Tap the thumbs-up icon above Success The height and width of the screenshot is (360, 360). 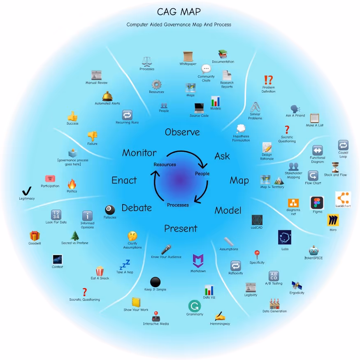pos(72,116)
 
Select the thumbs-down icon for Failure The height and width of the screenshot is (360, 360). pos(92,135)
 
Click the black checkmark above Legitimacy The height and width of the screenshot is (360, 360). pos(26,191)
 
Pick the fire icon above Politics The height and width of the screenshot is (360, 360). pos(72,183)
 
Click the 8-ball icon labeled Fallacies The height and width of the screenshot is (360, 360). pos(110,210)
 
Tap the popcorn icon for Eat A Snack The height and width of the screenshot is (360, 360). pos(100,271)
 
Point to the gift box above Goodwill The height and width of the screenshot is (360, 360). pos(35,236)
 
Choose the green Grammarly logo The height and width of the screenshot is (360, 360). pos(195,306)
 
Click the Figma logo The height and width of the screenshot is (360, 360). pos(317,203)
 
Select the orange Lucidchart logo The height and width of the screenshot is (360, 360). pos(343,199)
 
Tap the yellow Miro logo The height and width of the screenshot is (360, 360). pos(333,221)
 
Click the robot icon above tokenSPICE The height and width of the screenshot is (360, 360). pos(314,250)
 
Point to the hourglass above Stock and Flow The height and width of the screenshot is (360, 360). pos(335,167)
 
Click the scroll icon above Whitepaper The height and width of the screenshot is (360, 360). pos(188,56)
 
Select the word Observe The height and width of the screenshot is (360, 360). pos(182,132)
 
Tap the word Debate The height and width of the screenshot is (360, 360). pos(137,208)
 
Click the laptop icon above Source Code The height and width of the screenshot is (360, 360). pos(199,108)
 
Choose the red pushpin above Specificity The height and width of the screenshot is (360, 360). pos(257,254)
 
